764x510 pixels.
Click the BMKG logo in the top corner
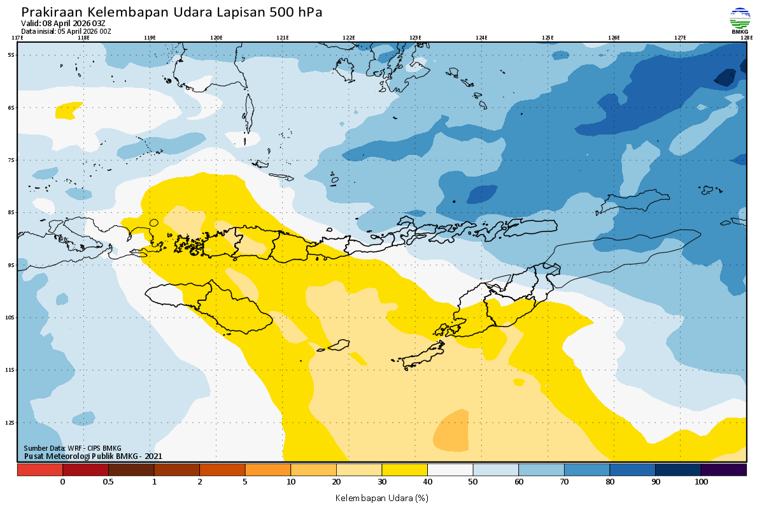point(739,20)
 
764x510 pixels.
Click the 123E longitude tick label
point(415,38)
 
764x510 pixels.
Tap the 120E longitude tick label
point(216,38)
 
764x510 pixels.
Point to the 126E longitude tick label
point(614,38)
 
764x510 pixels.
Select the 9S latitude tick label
point(11,265)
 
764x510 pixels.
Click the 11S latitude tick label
point(10,370)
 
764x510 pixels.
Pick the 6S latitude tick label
point(11,108)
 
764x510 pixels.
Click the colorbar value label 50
point(473,482)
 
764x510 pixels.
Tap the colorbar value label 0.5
point(108,482)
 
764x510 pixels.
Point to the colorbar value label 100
point(701,482)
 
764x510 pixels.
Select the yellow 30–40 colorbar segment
point(404,470)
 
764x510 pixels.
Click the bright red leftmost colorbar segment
point(39,470)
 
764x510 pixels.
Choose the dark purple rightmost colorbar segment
point(723,470)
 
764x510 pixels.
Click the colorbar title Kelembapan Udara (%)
point(381,497)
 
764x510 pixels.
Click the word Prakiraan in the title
point(51,12)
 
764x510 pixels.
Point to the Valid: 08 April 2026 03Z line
point(63,24)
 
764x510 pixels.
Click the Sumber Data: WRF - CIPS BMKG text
point(73,448)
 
